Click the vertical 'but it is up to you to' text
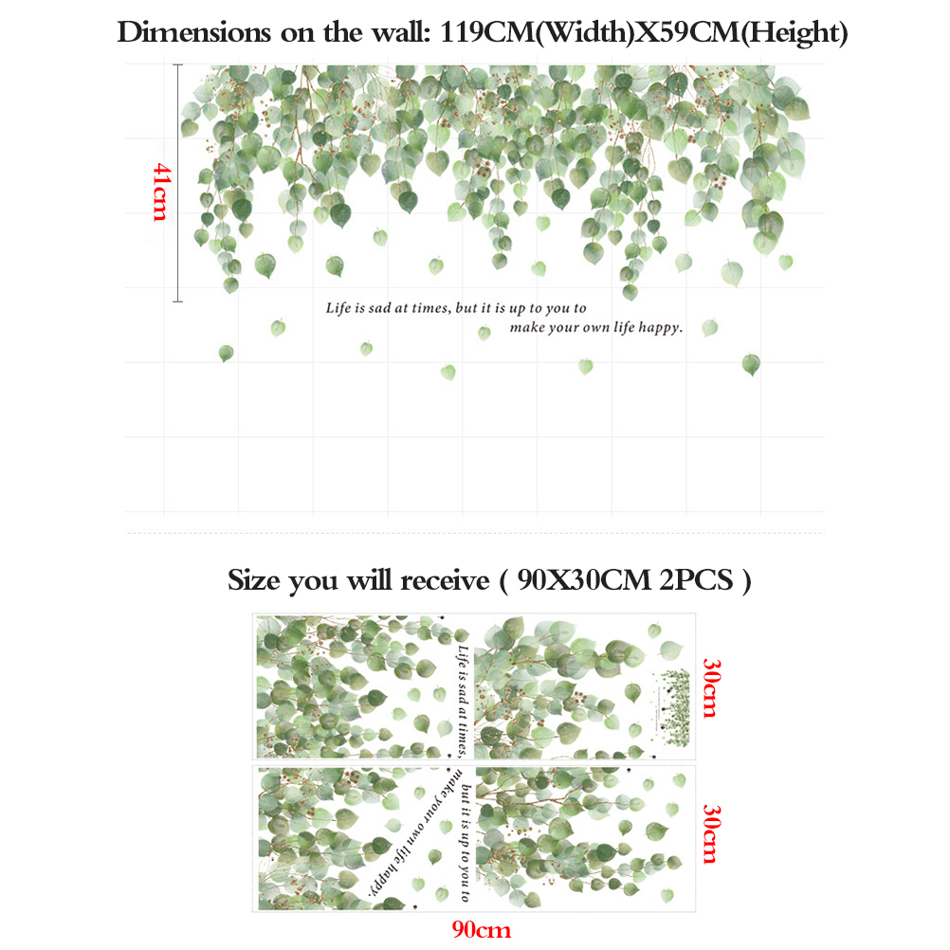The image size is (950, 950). point(465,844)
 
